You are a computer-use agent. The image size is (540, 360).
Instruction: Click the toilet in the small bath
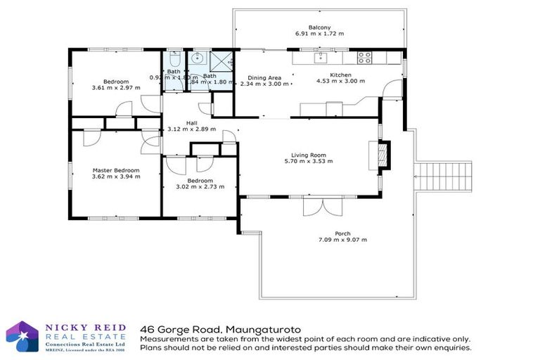173,61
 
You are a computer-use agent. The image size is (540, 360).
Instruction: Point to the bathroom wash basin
198,58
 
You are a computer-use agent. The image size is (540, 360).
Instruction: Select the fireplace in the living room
382,154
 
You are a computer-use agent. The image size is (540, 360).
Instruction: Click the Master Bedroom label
116,170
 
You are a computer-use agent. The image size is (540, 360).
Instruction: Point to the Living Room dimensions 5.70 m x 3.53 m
312,161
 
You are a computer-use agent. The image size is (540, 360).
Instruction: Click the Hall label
192,123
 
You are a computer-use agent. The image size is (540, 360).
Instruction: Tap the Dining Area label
265,77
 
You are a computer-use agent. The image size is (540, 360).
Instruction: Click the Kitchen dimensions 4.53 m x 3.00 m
340,81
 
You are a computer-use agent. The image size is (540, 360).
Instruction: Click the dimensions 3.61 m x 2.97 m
116,88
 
